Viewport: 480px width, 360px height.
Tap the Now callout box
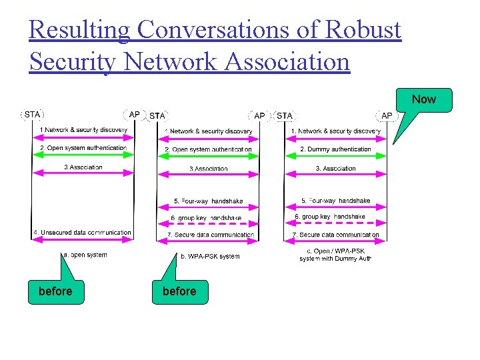[x=423, y=99]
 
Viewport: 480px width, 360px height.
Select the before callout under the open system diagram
[x=56, y=291]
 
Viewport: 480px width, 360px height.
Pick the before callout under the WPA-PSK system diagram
[x=179, y=291]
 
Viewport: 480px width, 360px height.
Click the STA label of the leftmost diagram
[x=32, y=115]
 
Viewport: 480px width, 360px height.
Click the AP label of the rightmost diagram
[x=387, y=116]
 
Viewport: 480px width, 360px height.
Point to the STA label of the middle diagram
[x=157, y=116]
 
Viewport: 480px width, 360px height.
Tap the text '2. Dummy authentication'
[x=335, y=149]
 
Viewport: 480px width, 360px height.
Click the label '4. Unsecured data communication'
[x=83, y=233]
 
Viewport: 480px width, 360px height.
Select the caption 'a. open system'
[x=85, y=255]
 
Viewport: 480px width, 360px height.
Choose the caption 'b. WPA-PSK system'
[x=210, y=256]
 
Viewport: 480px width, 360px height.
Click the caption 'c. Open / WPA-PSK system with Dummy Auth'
[x=335, y=255]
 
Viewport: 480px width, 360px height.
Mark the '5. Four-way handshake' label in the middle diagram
[x=208, y=201]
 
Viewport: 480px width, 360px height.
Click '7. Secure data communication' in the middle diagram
[x=210, y=235]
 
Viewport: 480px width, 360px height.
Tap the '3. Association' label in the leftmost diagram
[x=83, y=167]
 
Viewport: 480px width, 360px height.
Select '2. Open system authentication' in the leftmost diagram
[x=83, y=148]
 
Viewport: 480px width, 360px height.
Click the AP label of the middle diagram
[x=259, y=116]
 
